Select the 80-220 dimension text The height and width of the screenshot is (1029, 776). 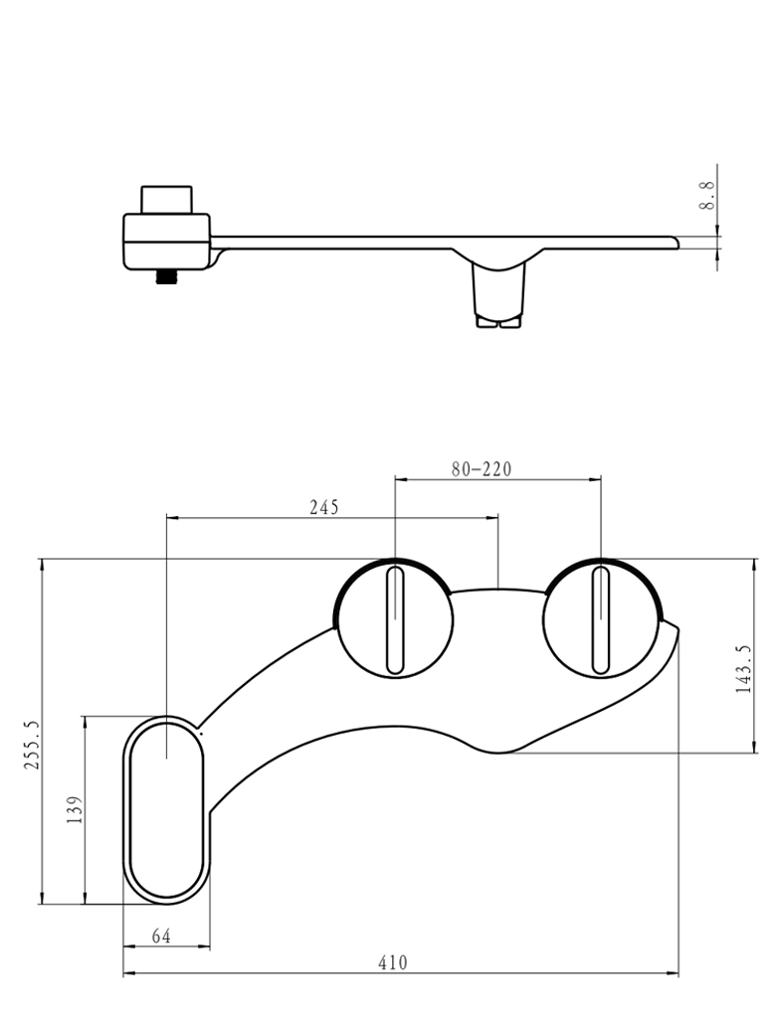click(482, 468)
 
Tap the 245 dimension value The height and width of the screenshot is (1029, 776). click(323, 507)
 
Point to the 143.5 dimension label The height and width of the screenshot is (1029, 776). click(743, 668)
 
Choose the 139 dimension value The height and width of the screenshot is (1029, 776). click(74, 810)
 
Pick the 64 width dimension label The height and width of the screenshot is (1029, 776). click(162, 936)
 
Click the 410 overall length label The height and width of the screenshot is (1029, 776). click(393, 962)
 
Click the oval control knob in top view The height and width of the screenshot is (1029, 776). click(165, 809)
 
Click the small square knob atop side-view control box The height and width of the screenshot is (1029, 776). click(166, 198)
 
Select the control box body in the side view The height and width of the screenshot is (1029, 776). click(166, 241)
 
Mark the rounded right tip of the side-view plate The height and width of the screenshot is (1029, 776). click(674, 242)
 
